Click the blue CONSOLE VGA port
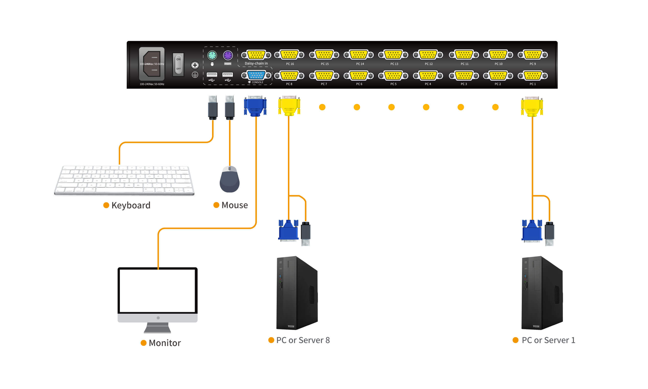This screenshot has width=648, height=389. click(256, 76)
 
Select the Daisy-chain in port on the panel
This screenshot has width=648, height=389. click(256, 55)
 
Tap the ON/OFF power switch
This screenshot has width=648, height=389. click(178, 64)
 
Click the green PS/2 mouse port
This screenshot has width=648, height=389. click(212, 55)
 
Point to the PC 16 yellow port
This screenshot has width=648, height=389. click(289, 55)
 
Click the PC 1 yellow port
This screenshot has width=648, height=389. click(532, 76)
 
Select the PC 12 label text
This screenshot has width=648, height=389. click(428, 64)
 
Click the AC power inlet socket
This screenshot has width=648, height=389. click(152, 64)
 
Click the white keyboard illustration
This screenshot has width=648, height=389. click(124, 180)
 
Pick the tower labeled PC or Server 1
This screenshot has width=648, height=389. click(542, 293)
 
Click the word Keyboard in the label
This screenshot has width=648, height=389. click(131, 205)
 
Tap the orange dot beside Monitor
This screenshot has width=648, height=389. click(143, 343)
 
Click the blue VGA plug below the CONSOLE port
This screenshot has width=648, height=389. click(255, 106)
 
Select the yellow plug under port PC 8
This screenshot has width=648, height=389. click(289, 106)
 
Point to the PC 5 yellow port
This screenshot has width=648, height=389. click(393, 76)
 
